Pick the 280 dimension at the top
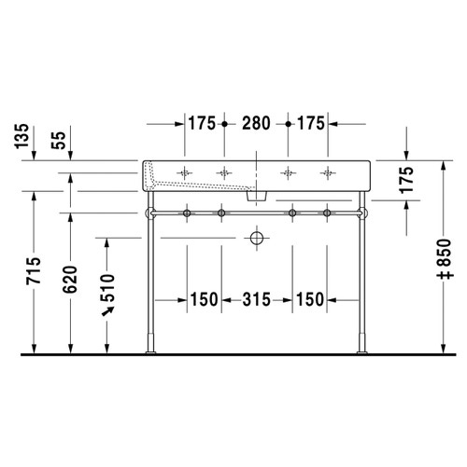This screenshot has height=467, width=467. point(255,122)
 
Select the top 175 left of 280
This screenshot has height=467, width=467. point(201,122)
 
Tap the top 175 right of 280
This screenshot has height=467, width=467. point(311,122)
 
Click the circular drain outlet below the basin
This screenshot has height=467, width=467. point(254,238)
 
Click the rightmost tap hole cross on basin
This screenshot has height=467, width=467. point(327,172)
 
